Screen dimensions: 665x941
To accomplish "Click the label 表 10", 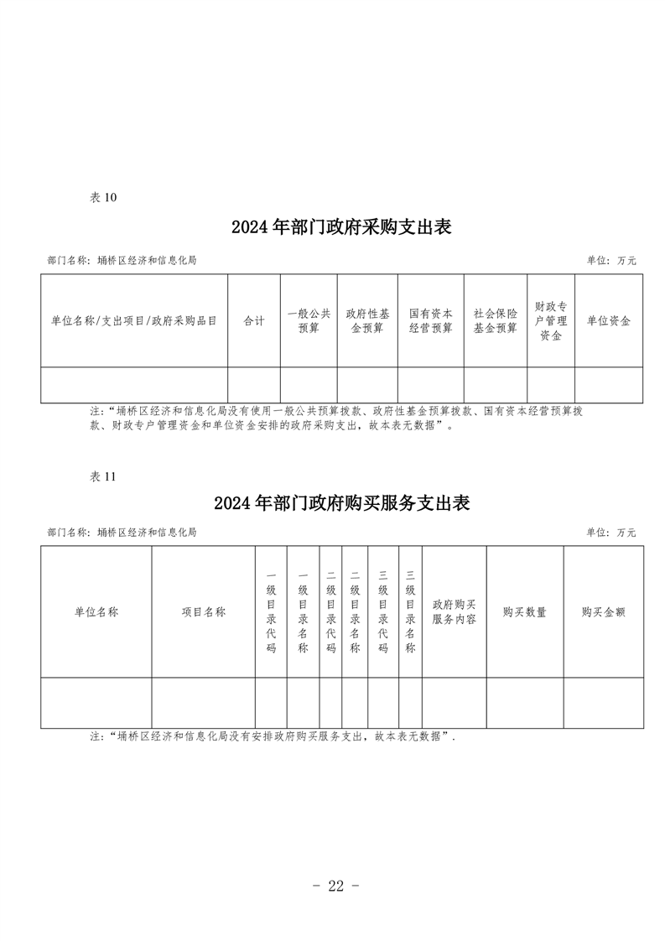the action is tap(102, 197).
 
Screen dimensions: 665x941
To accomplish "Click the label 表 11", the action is tap(102, 476).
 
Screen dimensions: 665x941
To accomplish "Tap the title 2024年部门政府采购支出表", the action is tap(341, 226).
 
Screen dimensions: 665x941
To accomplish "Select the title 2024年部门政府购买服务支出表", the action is tap(341, 503).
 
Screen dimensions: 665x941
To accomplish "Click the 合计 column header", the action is tap(254, 321).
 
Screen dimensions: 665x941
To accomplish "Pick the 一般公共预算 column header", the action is tap(309, 321).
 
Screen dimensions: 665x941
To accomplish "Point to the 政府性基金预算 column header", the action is tap(367, 321).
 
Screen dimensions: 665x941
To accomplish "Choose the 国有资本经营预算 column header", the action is tap(430, 321).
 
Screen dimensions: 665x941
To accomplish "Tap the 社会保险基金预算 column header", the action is tap(495, 321).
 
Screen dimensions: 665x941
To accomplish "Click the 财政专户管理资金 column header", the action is tap(551, 321).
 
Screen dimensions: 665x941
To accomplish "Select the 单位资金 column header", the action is tap(609, 321).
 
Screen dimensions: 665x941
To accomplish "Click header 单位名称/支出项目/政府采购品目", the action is tap(134, 321).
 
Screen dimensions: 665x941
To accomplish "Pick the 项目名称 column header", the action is tap(204, 612).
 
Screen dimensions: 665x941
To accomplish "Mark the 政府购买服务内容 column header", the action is tap(455, 612).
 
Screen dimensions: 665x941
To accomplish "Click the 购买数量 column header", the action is tap(525, 612).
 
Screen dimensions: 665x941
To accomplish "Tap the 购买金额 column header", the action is tap(603, 612).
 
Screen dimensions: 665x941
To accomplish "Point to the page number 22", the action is tap(336, 886).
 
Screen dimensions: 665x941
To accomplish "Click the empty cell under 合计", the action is tap(254, 385).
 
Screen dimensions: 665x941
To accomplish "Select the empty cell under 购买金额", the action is tap(603, 703).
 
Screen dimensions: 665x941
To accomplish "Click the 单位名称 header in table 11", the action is tap(96, 612).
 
